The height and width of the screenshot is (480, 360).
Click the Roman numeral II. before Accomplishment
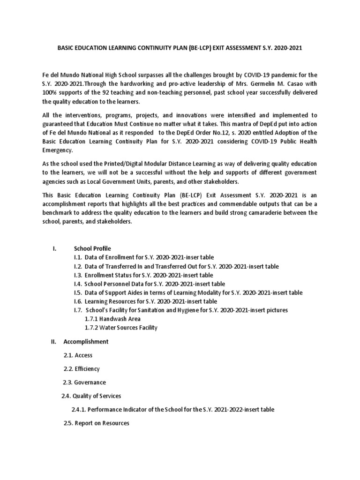tap(54, 341)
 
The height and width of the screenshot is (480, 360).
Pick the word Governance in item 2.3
tap(91, 382)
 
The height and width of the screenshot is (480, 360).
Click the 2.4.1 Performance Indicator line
tap(172, 409)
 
